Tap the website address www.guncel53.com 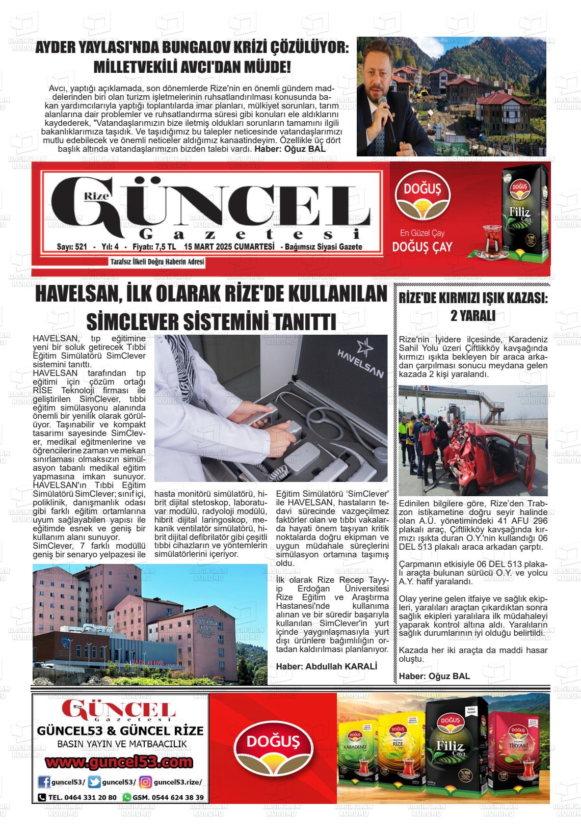pos(119,762)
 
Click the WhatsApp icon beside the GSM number pos(127,797)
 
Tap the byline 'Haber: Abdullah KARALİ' pos(327,666)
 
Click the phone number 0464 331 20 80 pos(82,797)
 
